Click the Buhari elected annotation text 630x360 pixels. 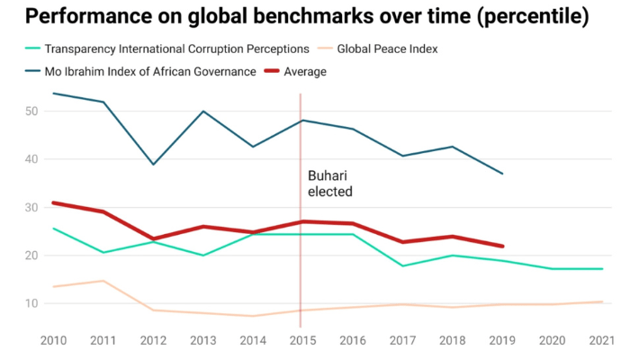point(330,183)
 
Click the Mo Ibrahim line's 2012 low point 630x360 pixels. point(153,165)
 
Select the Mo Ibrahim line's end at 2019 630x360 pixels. point(502,174)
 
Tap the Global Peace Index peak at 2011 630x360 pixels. point(103,281)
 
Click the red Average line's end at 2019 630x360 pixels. point(502,246)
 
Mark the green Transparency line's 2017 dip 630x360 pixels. point(401,265)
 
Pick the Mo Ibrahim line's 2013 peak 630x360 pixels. point(203,112)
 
